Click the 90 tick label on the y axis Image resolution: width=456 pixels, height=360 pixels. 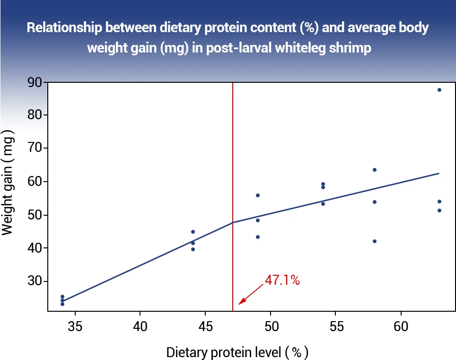click(x=35, y=83)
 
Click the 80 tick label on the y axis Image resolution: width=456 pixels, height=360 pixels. click(x=35, y=115)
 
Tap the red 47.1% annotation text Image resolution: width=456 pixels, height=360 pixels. click(x=282, y=280)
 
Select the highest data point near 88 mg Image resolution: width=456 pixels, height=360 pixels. click(x=439, y=89)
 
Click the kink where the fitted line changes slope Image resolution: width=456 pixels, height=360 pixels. click(x=233, y=222)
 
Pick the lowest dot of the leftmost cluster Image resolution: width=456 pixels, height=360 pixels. click(x=62, y=304)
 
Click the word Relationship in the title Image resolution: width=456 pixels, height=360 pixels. click(x=64, y=27)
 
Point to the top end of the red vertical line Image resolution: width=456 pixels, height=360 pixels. click(x=233, y=84)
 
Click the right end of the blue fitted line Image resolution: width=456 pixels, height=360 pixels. click(x=439, y=173)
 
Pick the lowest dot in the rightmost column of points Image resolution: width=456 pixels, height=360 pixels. click(x=439, y=210)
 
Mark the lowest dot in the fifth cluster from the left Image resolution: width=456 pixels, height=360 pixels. click(x=374, y=241)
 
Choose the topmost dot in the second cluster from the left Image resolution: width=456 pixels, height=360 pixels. click(x=193, y=232)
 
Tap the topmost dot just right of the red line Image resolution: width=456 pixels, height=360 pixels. click(x=258, y=195)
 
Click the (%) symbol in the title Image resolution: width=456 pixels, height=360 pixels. click(x=310, y=27)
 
